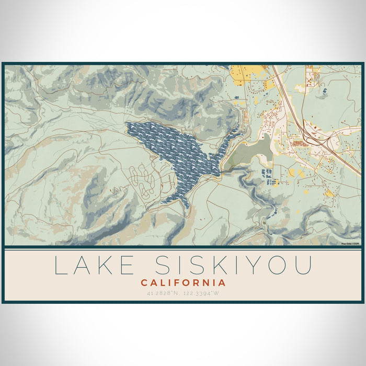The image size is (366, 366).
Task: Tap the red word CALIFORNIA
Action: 183,283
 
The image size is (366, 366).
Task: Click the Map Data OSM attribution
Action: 350,244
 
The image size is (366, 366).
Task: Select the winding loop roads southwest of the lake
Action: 141,178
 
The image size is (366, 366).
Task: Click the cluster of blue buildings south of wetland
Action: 268,177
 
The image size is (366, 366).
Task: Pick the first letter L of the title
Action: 60,266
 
